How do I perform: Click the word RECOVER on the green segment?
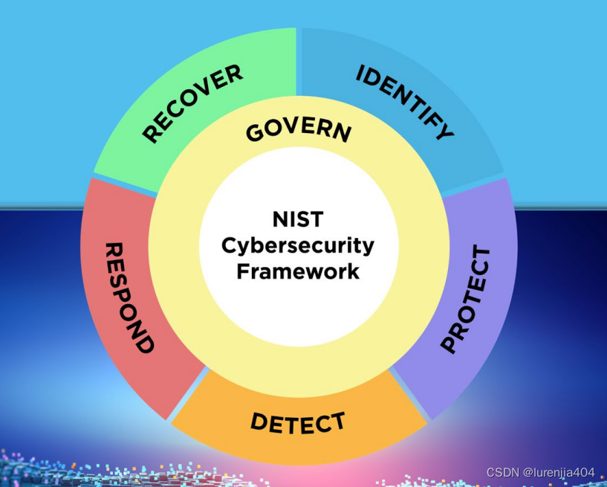click(x=192, y=104)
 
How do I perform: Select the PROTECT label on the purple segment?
click(x=466, y=299)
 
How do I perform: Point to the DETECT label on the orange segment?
click(x=298, y=422)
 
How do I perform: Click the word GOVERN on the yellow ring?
click(x=299, y=129)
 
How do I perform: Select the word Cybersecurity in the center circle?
click(x=298, y=245)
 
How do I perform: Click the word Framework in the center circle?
click(x=298, y=271)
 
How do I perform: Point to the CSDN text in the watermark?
click(x=502, y=473)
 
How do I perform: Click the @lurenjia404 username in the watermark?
click(x=559, y=473)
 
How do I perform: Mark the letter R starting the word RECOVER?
click(x=152, y=135)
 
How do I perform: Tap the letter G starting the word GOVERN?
click(x=254, y=135)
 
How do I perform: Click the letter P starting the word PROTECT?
click(x=449, y=344)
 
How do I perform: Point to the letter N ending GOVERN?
click(x=343, y=132)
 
